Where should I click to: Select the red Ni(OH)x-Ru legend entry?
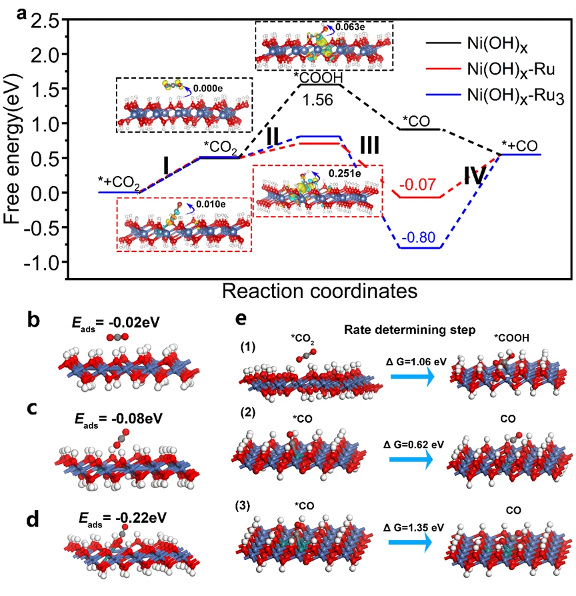(491, 69)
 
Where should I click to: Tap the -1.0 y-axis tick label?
(42, 263)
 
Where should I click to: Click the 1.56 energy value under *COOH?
(318, 101)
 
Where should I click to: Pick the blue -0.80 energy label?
(418, 237)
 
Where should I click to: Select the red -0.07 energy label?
(417, 185)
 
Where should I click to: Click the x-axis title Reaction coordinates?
(320, 291)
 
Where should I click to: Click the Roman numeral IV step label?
(475, 177)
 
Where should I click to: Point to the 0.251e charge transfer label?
(345, 173)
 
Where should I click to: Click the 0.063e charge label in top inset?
(350, 27)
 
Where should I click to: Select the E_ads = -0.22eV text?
(123, 519)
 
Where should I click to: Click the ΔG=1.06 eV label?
(416, 361)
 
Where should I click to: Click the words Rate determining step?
(409, 330)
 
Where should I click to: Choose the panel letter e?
(241, 319)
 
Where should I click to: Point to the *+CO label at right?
(520, 146)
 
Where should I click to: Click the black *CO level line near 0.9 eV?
(420, 129)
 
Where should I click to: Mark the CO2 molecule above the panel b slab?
(117, 337)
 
